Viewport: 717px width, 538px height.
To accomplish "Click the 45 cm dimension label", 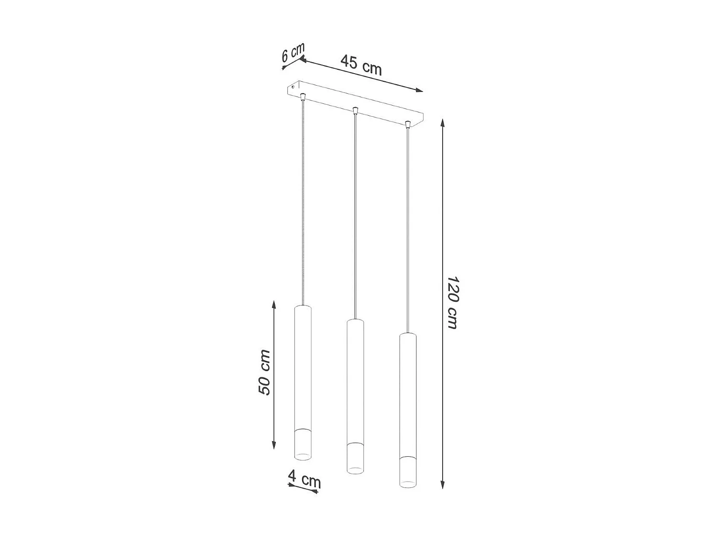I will point(361,65).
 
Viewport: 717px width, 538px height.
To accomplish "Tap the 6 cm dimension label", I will point(293,53).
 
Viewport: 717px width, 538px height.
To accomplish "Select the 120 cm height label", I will point(452,302).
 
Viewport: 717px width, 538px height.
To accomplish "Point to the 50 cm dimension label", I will point(264,373).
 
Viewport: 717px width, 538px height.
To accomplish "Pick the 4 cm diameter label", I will point(304,479).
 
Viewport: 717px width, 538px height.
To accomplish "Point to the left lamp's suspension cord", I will point(303,201).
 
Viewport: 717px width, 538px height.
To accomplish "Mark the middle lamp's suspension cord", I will point(354,215).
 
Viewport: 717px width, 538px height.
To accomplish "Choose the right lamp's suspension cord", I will point(408,230).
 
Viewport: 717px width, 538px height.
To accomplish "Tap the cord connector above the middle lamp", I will point(355,111).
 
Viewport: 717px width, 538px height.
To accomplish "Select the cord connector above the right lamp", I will point(408,125).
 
